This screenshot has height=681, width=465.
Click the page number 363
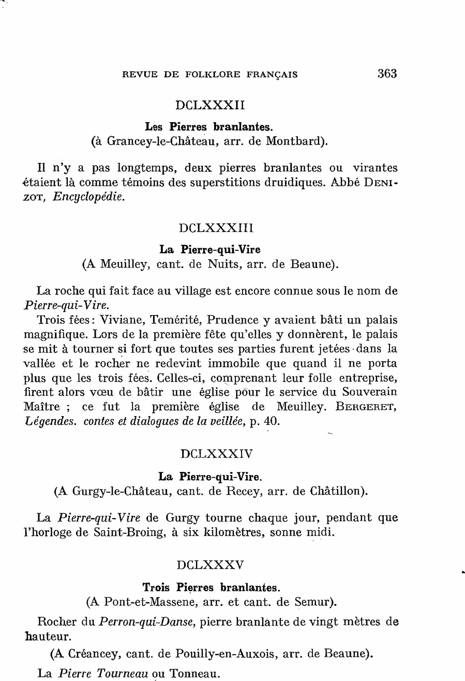387,73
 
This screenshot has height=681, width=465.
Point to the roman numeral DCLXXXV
210,565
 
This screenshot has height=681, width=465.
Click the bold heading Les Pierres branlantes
209,126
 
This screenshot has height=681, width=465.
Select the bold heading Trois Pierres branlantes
212,588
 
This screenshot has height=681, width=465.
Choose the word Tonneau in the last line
190,674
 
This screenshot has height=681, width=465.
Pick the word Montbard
295,141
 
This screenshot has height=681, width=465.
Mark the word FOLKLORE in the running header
208,75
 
